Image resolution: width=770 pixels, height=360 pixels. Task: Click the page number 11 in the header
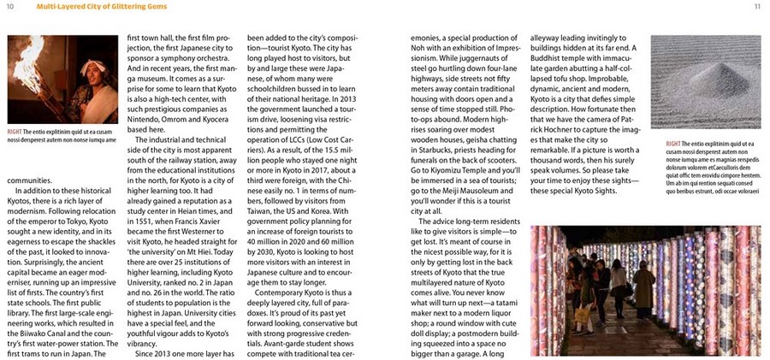757,7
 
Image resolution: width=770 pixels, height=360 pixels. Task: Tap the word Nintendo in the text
146,119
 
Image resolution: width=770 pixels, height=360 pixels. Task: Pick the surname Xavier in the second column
217,220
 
